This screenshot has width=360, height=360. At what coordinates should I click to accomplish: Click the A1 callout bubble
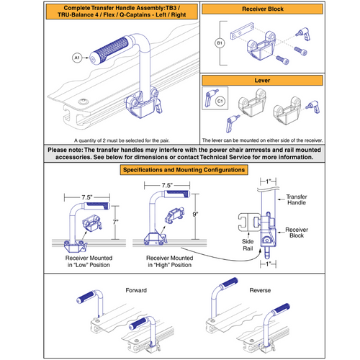76,57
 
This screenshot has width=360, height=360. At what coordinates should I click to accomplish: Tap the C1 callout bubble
219,102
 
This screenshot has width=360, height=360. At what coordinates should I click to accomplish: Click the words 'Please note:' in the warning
66,149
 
